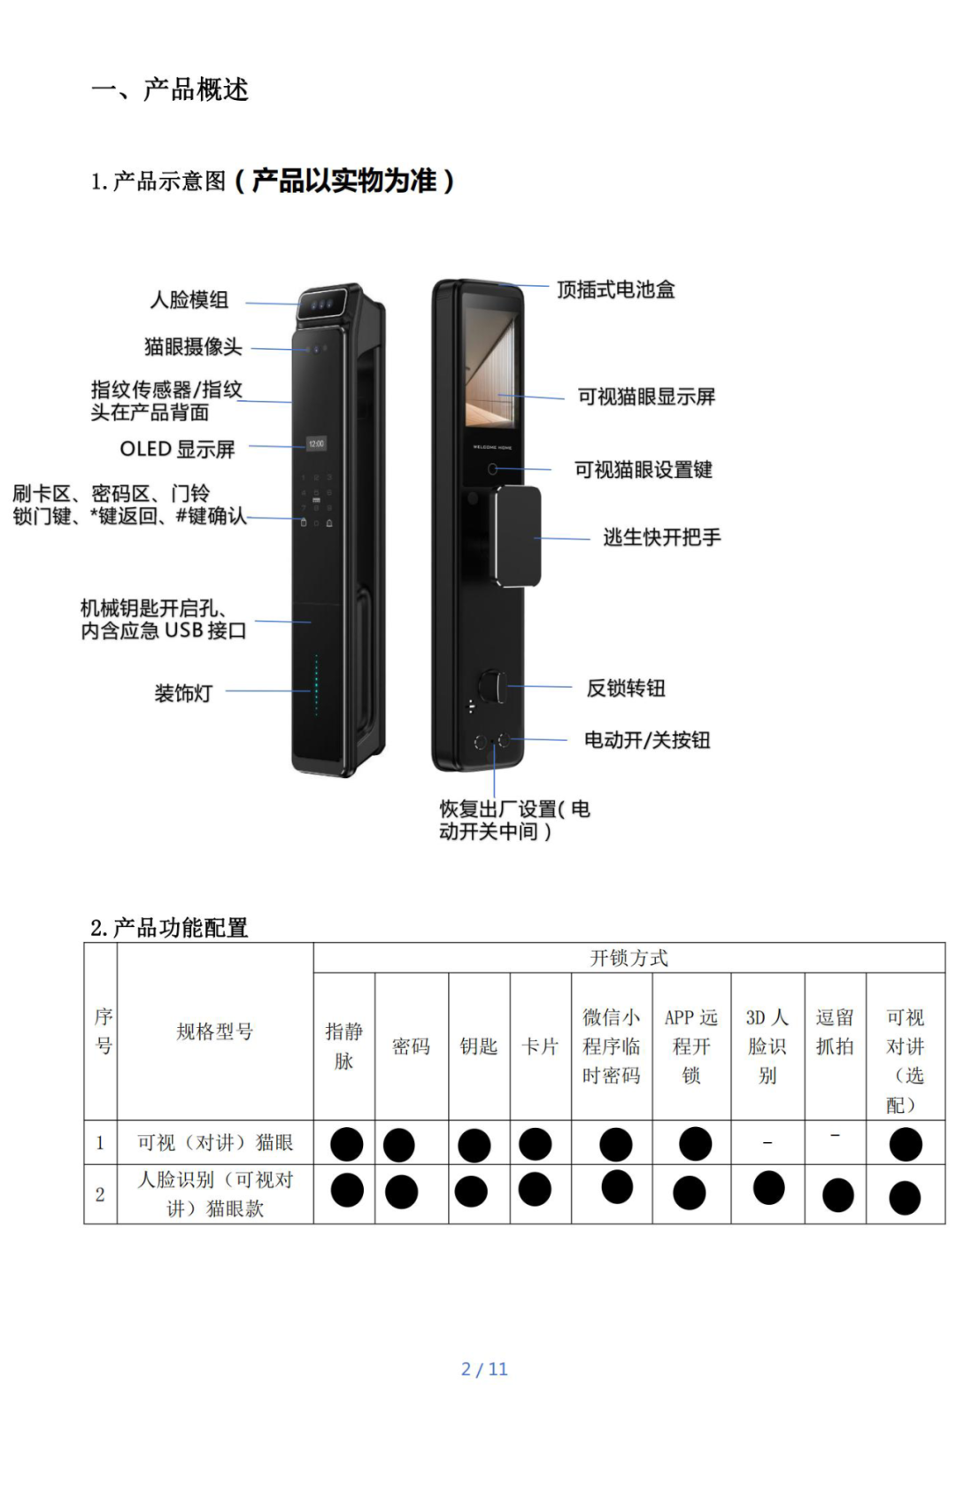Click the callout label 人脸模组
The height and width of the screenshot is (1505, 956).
189,300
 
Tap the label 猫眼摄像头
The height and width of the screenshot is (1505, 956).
193,347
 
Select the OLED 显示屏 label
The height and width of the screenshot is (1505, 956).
177,450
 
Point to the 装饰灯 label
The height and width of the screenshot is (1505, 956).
183,693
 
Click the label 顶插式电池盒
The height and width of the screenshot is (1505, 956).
615,289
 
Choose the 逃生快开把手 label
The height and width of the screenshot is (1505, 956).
661,537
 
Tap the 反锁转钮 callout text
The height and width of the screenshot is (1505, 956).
625,688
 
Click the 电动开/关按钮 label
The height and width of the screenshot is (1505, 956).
646,740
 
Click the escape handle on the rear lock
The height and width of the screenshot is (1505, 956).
518,536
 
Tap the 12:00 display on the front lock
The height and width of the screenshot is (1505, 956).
316,444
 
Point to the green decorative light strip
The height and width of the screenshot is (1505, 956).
316,685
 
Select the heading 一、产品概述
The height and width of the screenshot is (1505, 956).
170,89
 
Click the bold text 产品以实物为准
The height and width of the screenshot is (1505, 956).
344,181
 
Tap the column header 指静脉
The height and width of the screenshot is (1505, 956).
343,1046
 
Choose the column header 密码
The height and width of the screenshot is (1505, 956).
411,1046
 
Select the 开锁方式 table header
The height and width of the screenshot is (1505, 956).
628,958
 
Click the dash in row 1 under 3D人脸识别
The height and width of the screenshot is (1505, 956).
767,1143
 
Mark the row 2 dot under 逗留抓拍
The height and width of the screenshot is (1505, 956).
837,1195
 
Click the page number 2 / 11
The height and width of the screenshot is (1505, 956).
484,1369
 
